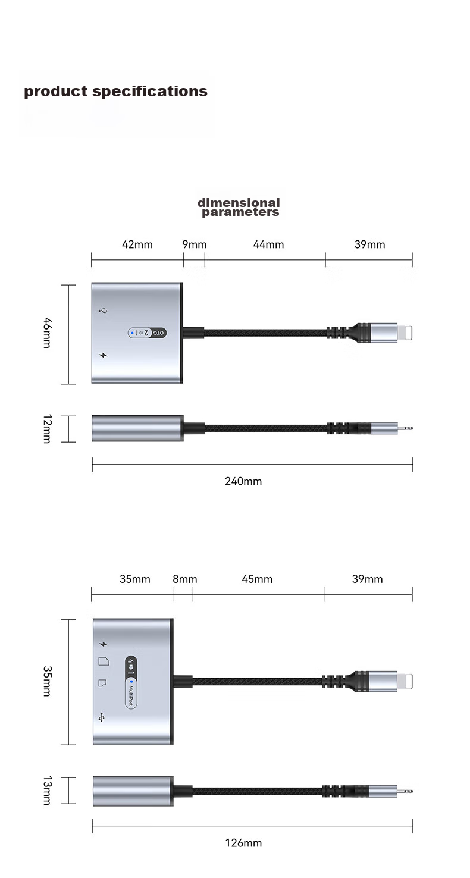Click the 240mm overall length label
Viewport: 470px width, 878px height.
(x=243, y=481)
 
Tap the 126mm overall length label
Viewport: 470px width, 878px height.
(x=243, y=843)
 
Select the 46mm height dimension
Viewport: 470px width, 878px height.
(x=46, y=333)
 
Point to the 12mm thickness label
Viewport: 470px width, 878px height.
(x=46, y=428)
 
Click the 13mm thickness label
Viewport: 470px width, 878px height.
(x=46, y=790)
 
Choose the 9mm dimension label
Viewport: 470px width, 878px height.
(x=194, y=244)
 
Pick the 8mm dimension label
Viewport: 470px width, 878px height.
(x=184, y=579)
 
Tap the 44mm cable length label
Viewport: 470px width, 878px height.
(x=268, y=244)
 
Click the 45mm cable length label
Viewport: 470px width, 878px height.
(x=257, y=579)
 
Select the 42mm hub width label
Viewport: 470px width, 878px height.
(x=137, y=244)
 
